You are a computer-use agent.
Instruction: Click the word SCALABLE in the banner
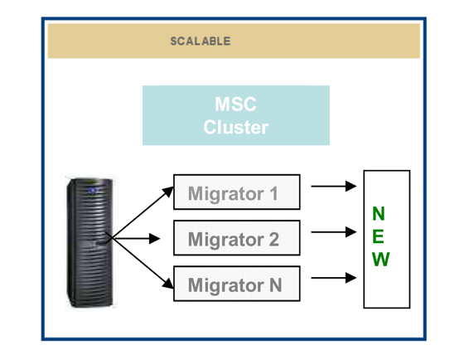[201, 41]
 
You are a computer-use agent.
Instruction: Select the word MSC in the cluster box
[235, 104]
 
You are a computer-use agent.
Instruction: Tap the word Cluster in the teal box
[235, 127]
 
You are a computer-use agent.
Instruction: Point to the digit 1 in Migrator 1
[273, 193]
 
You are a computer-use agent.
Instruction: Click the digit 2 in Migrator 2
[273, 239]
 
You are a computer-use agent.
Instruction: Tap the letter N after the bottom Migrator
[276, 285]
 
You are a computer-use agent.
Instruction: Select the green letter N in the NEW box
[379, 214]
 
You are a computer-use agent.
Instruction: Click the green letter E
[378, 236]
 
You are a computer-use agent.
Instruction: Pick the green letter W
[380, 259]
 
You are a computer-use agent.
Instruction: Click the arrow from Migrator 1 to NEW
[334, 186]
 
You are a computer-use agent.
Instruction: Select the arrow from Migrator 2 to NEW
[334, 232]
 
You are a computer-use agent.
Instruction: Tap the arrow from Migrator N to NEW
[334, 278]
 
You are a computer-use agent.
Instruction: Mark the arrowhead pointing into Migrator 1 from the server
[168, 192]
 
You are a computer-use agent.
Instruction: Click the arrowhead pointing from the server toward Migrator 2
[154, 239]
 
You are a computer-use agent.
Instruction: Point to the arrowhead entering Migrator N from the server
[168, 284]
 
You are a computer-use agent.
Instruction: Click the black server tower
[90, 242]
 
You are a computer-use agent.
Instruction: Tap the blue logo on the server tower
[93, 191]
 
